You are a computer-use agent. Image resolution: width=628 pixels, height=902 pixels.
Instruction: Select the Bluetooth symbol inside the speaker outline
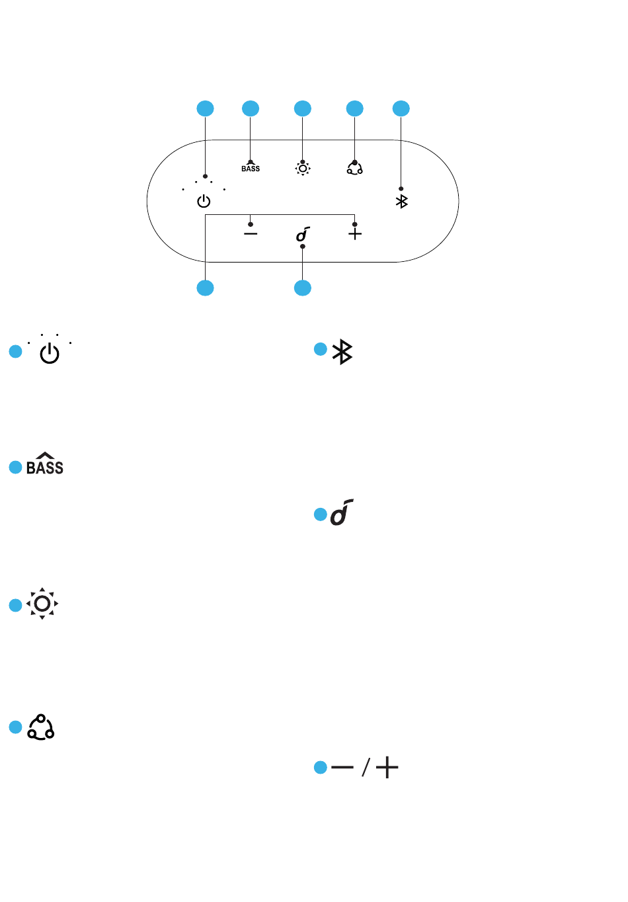click(401, 201)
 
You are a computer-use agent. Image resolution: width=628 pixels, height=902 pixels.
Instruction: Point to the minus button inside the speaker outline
click(251, 233)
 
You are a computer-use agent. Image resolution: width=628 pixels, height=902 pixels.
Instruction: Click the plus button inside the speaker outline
click(355, 233)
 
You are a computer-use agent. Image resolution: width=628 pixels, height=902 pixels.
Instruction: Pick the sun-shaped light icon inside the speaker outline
click(303, 169)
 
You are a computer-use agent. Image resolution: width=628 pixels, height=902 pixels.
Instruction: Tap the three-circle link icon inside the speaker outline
click(355, 168)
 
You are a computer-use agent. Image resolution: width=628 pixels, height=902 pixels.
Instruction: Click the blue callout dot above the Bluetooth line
click(401, 108)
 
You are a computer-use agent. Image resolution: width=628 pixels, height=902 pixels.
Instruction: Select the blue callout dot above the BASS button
click(251, 108)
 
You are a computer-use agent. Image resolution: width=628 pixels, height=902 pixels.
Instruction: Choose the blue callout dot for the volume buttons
click(206, 288)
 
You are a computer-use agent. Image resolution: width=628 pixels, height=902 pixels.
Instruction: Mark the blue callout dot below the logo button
click(303, 288)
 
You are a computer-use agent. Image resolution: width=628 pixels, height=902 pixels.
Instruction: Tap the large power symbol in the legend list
click(50, 354)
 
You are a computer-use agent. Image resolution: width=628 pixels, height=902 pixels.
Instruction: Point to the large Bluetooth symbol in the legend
click(342, 352)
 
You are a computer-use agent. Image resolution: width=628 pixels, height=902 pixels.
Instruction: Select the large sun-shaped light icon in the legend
click(42, 604)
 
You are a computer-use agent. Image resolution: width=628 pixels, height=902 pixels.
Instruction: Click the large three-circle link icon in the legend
click(41, 727)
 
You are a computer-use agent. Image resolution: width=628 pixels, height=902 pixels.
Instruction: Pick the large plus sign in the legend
click(387, 767)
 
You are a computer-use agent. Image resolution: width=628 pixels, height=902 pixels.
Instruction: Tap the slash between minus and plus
click(366, 766)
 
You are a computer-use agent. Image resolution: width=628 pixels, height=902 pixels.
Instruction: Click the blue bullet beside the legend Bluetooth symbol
click(321, 349)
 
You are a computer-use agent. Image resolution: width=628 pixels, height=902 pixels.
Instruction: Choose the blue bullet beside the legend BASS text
click(15, 467)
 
